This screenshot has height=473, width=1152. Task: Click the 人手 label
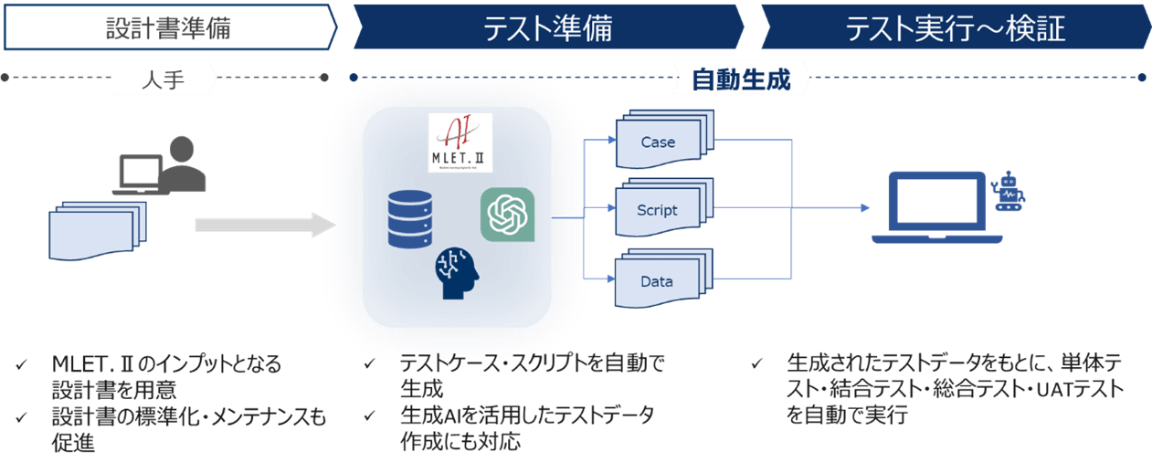click(x=164, y=79)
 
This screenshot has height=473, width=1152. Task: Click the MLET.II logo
click(x=460, y=142)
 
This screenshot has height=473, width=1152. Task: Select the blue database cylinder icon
click(x=408, y=219)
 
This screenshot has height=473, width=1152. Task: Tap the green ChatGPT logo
click(x=508, y=215)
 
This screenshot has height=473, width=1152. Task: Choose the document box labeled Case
click(x=660, y=142)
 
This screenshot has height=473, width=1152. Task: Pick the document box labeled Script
click(x=660, y=210)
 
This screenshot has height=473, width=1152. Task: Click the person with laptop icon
click(x=162, y=164)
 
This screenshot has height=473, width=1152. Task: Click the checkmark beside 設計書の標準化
click(x=21, y=418)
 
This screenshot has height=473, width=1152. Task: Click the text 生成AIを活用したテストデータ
click(x=527, y=416)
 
